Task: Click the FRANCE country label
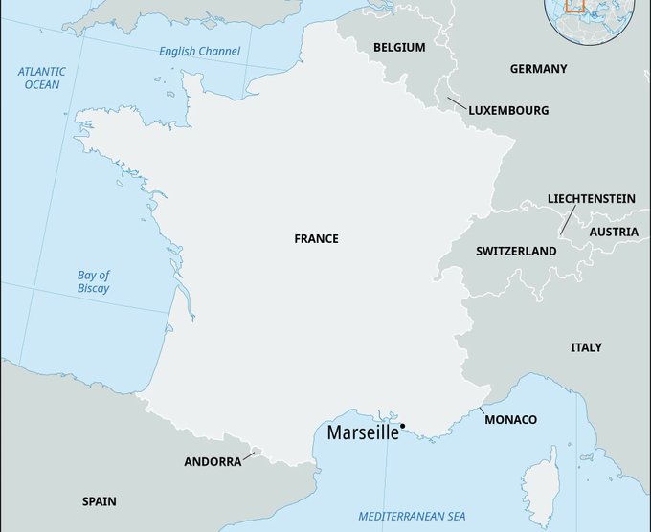[x=316, y=238]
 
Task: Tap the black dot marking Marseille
[x=403, y=426]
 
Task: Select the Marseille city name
[x=363, y=432]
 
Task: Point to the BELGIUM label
[x=399, y=47]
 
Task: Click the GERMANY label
[x=538, y=69]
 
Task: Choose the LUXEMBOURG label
[x=508, y=111]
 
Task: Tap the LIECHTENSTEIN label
[x=591, y=198]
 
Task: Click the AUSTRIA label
[x=614, y=232]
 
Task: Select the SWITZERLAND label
[x=516, y=251]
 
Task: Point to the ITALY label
[x=586, y=347]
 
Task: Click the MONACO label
[x=510, y=420]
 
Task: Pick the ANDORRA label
[x=213, y=461]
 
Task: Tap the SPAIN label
[x=100, y=500]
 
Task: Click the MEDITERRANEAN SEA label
[x=414, y=517]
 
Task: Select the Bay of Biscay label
[x=94, y=281]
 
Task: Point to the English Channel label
[x=200, y=51]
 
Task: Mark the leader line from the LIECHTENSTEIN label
[x=567, y=220]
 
